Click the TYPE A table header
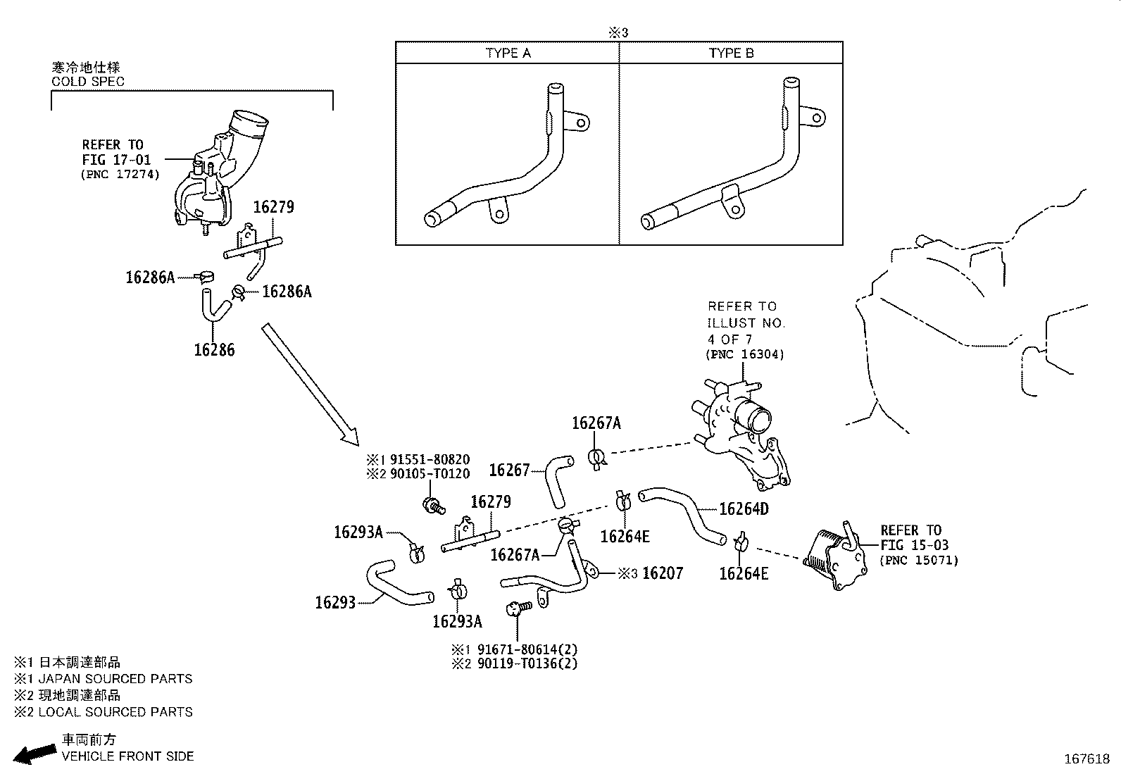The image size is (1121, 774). (508, 54)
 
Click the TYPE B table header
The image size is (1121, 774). (731, 54)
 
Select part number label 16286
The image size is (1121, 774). (214, 350)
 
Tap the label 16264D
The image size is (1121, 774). (744, 508)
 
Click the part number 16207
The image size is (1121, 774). (663, 573)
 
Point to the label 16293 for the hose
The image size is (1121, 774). (335, 602)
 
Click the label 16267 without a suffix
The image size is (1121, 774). (508, 470)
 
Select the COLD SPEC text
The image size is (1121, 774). (87, 82)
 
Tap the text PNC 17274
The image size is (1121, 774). (120, 174)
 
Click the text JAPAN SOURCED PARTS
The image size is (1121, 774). (115, 679)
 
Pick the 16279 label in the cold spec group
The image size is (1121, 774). (273, 207)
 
